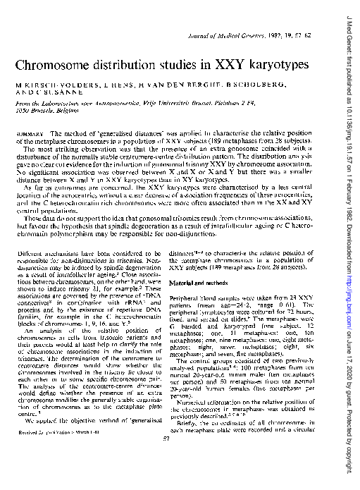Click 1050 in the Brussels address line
pos(20,112)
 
